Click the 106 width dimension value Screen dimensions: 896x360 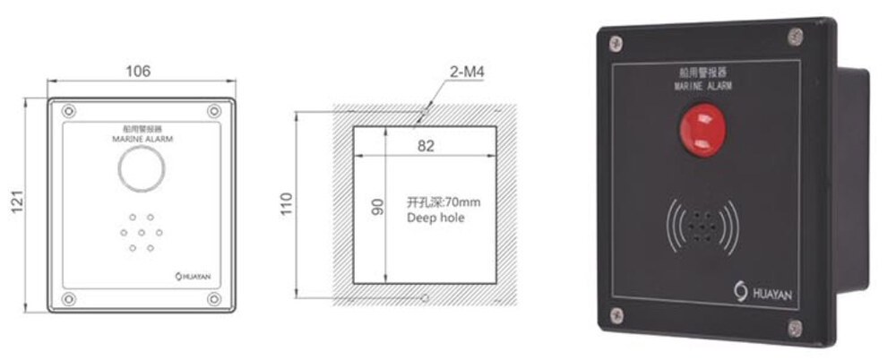(138, 71)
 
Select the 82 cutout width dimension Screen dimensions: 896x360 (426, 146)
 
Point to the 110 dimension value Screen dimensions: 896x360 (286, 204)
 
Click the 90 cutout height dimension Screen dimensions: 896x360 (377, 206)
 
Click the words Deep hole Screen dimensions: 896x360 (435, 218)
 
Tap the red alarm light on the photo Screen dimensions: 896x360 (702, 129)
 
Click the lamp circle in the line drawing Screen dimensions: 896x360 (142, 168)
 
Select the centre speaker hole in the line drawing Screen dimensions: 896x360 (142, 233)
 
